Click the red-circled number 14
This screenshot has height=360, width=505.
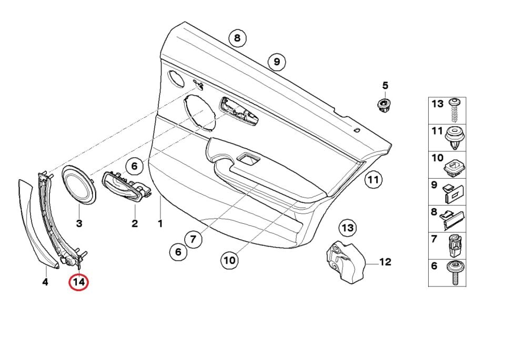point(79,283)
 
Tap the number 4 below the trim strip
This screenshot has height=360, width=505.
point(45,283)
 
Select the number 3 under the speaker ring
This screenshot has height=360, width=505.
point(79,223)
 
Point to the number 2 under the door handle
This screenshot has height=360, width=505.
point(134,223)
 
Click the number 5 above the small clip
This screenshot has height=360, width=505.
point(385,85)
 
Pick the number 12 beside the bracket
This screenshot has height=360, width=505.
point(385,261)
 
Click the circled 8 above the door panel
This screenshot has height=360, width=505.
point(237,38)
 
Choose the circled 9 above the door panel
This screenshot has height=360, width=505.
point(276,62)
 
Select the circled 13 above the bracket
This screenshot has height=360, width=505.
point(347,228)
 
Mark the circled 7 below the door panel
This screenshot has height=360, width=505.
point(193,240)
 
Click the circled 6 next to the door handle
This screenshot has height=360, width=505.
point(134,167)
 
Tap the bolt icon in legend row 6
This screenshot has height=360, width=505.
point(454,273)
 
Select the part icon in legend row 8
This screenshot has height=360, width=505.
point(454,218)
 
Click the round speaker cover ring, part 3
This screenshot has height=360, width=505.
point(79,184)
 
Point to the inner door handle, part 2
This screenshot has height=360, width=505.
point(126,187)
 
